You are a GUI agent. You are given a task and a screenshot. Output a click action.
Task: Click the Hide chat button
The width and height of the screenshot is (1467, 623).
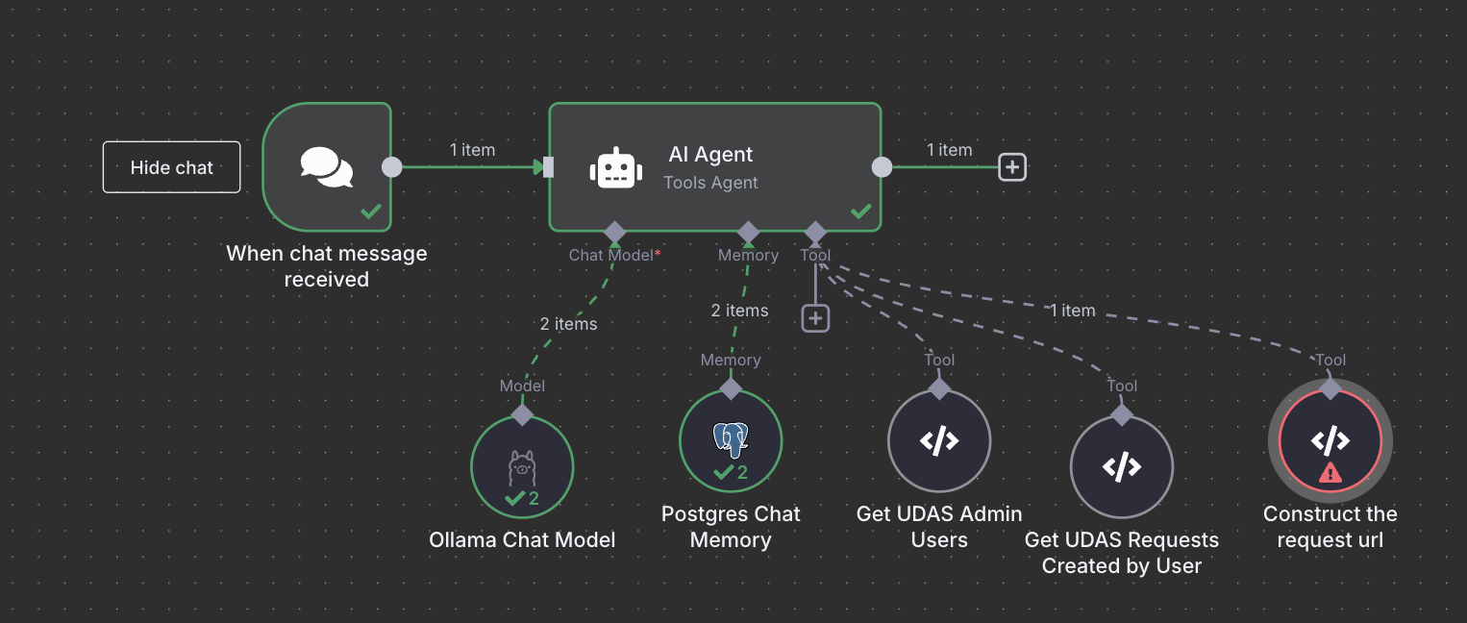(x=171, y=167)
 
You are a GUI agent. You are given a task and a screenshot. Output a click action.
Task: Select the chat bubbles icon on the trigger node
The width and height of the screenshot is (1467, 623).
(x=327, y=167)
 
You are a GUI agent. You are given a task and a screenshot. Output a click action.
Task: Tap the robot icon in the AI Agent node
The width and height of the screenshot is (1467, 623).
(x=615, y=168)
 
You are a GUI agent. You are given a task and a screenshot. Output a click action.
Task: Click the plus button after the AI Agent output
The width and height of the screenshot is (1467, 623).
(x=1011, y=167)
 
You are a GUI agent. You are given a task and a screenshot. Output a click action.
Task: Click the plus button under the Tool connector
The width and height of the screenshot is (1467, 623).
(x=815, y=317)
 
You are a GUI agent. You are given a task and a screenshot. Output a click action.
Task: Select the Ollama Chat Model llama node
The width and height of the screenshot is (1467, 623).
(x=521, y=467)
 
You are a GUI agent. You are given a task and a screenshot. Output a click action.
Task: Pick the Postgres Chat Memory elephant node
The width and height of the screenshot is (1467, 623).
(x=731, y=441)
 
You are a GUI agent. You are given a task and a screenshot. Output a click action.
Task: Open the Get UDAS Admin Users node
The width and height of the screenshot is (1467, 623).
(x=938, y=441)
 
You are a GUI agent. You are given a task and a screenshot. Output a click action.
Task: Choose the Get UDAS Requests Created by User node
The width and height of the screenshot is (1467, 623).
(x=1121, y=467)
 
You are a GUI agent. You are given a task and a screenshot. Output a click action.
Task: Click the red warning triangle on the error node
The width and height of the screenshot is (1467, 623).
(x=1330, y=473)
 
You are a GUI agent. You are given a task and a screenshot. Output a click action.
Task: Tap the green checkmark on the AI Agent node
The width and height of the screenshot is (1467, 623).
(x=861, y=211)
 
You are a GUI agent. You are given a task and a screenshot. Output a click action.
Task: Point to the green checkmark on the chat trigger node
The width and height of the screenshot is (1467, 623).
(x=370, y=211)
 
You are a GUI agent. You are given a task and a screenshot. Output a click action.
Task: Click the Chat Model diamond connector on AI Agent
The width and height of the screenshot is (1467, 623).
(x=614, y=232)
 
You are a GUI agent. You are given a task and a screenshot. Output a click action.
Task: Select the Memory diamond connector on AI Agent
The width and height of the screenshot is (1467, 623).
(x=748, y=232)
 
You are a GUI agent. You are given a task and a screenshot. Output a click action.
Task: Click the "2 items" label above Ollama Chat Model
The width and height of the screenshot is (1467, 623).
(x=568, y=324)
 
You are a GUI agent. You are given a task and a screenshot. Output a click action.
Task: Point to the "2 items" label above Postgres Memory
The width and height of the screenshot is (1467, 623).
(x=739, y=311)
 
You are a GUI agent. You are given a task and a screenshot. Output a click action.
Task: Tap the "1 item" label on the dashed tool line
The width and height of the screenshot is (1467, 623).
(x=1072, y=311)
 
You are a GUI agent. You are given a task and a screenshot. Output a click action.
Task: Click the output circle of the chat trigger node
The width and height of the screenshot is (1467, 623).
(x=392, y=167)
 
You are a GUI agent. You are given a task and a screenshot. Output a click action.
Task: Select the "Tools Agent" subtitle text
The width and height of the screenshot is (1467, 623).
(x=710, y=183)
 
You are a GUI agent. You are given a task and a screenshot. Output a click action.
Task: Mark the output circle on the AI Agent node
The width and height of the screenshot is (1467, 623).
(x=882, y=167)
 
